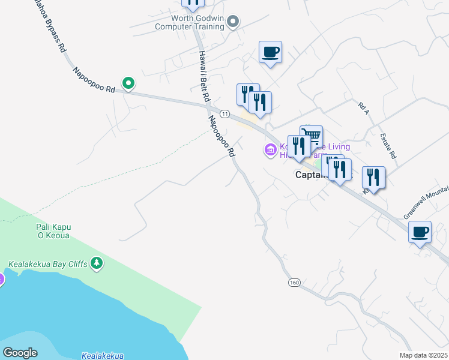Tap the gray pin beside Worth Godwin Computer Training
pos(234,22)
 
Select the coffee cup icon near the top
pos(270,52)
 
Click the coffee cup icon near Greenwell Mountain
pos(420,232)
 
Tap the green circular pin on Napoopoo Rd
pos(128,83)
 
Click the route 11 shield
pos(224,113)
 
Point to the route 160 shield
pos(294,283)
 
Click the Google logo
pos(20,353)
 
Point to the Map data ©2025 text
pos(423,355)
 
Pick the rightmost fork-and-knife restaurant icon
pos(373,178)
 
